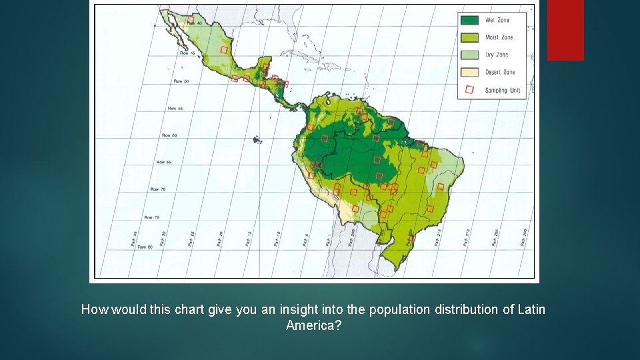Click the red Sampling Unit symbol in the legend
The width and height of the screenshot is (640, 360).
click(x=470, y=89)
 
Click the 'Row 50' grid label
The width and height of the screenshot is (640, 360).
click(x=181, y=81)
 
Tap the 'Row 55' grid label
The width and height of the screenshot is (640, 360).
click(x=175, y=108)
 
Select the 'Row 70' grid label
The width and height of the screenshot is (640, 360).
click(x=158, y=189)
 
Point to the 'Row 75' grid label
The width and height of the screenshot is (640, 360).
click(x=152, y=217)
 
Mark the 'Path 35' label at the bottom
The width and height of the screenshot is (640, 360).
click(x=134, y=239)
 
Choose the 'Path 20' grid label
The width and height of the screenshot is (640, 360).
click(x=219, y=239)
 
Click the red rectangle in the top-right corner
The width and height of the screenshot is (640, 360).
click(x=565, y=29)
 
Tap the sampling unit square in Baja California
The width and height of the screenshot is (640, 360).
click(x=191, y=21)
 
